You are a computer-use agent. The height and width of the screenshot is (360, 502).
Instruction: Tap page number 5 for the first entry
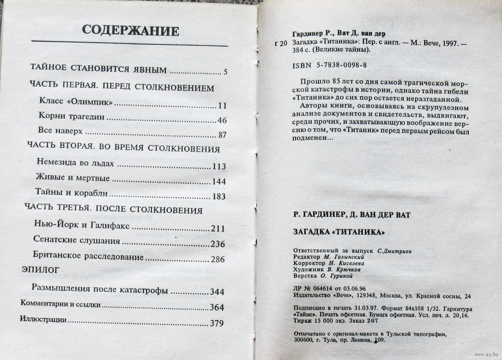click(x=226, y=72)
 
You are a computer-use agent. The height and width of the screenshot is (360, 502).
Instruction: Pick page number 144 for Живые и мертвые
click(x=219, y=181)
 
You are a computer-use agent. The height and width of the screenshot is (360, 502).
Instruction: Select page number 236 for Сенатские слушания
click(x=217, y=244)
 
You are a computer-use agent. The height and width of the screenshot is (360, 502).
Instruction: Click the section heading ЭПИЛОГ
click(x=41, y=270)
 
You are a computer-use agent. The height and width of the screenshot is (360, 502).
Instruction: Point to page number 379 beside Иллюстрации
click(x=216, y=323)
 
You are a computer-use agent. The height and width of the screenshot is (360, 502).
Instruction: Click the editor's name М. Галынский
click(x=342, y=257)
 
